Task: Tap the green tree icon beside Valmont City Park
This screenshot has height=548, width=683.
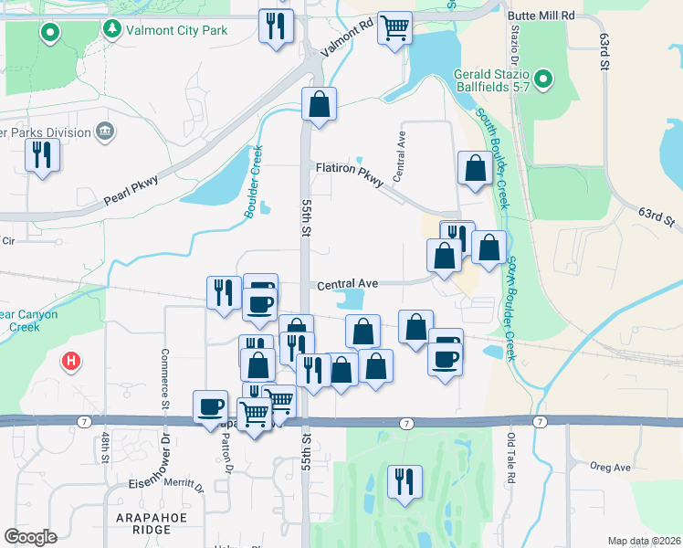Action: click(112, 30)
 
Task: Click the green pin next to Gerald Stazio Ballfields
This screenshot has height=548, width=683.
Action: click(543, 79)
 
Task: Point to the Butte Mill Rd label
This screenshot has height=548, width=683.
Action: click(541, 16)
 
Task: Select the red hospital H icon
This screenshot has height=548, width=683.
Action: click(70, 362)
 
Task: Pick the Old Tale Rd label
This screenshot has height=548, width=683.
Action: click(511, 460)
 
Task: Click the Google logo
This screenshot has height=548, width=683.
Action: click(30, 537)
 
